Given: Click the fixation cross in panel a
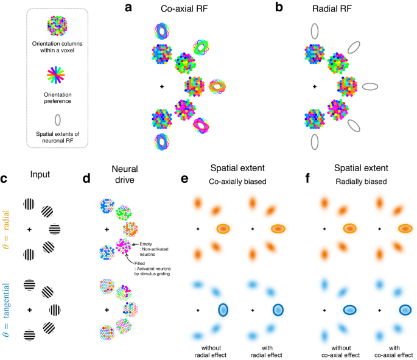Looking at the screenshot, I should click(x=162, y=87).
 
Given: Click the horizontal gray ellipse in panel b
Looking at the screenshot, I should click(x=370, y=87).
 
